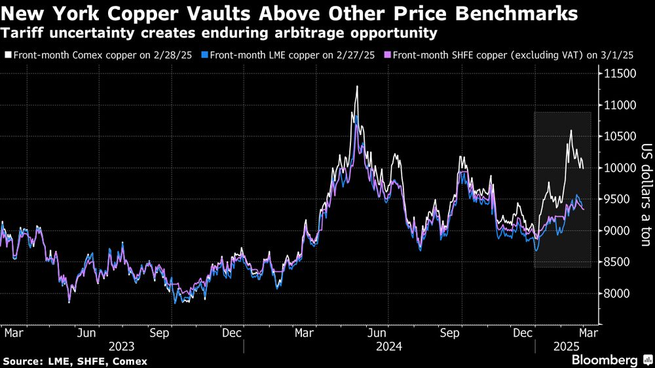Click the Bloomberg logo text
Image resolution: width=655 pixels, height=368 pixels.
tap(605, 359)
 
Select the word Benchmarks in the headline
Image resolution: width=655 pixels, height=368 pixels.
tap(504, 13)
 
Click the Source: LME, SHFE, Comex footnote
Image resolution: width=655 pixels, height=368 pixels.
tap(75, 361)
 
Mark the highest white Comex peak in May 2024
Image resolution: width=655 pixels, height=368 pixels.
tap(357, 86)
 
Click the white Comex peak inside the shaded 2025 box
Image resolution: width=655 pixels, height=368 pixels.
tap(571, 130)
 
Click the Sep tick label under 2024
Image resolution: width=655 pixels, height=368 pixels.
tap(449, 331)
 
